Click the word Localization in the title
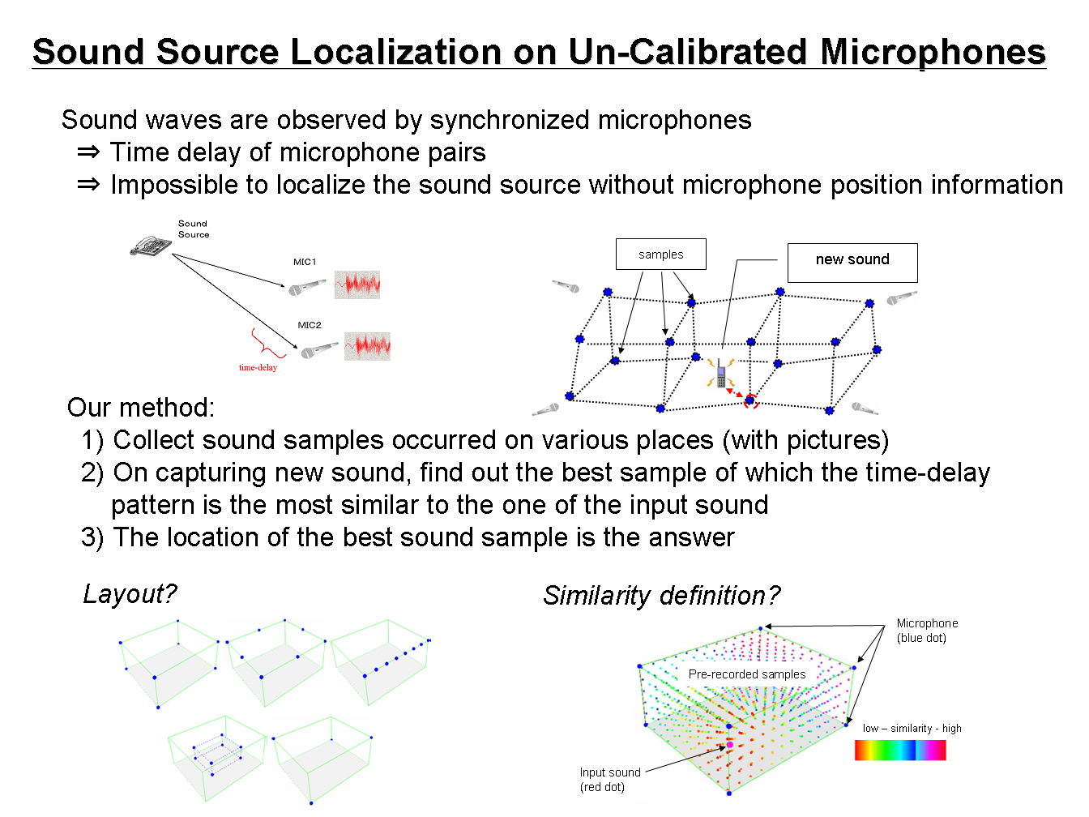click(x=395, y=52)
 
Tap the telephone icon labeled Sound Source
click(x=151, y=246)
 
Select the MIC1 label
click(x=304, y=262)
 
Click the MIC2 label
click(x=309, y=325)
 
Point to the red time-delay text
click(x=258, y=368)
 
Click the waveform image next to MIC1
click(x=357, y=284)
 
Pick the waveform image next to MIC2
click(x=367, y=346)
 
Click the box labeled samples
click(x=661, y=255)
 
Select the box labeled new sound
click(x=852, y=263)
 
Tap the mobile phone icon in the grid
click(x=721, y=374)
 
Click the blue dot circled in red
click(x=750, y=400)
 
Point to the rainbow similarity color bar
click(x=900, y=750)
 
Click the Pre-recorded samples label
click(x=747, y=674)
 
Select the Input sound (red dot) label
click(x=610, y=779)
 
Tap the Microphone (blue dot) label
click(x=927, y=631)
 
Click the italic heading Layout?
click(x=130, y=594)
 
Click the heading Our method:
click(x=141, y=407)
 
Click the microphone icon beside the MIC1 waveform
click(x=308, y=287)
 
